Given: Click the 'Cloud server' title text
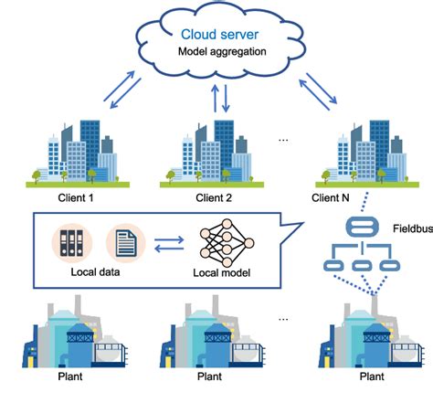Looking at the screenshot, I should (x=216, y=34).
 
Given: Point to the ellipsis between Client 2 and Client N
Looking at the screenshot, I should (x=282, y=140).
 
